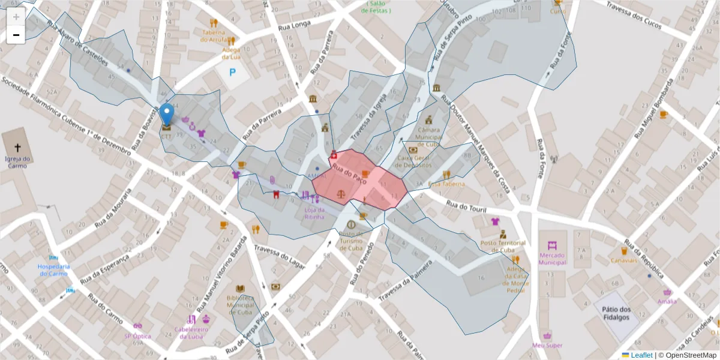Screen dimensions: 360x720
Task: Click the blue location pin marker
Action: [167, 114]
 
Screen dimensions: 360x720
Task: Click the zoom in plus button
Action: [16, 16]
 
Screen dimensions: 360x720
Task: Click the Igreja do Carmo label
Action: [16, 162]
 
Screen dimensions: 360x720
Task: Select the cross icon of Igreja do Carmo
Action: [17, 147]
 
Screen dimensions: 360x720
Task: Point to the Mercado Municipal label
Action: [552, 259]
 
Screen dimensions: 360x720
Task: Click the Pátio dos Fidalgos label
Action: [616, 313]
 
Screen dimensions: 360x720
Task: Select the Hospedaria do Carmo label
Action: [54, 270]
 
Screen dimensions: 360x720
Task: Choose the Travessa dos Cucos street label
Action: [634, 13]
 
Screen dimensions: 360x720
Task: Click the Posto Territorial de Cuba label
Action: [503, 247]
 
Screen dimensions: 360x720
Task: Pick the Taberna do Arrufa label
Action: [214, 35]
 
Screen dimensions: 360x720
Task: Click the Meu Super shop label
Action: [547, 345]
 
